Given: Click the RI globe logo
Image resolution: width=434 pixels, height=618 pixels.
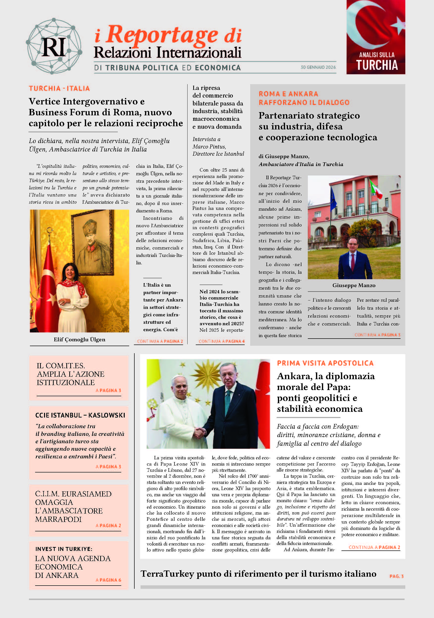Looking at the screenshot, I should click(54, 46).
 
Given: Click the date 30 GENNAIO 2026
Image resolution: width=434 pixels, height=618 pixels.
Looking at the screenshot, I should click(318, 67).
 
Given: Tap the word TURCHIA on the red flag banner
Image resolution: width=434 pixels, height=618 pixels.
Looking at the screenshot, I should click(377, 65).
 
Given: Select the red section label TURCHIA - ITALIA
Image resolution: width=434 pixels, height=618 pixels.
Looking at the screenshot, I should click(59, 89).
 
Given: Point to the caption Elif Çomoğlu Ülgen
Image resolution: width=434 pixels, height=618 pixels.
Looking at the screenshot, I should click(79, 339).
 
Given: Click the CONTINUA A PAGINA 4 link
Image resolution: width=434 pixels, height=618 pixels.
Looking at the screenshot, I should click(221, 341).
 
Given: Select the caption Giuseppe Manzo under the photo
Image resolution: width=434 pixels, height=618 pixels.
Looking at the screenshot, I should click(354, 285).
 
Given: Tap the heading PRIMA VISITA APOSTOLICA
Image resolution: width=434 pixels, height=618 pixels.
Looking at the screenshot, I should click(325, 363).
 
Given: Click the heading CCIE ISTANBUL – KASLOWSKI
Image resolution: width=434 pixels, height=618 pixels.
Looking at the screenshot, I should click(80, 415).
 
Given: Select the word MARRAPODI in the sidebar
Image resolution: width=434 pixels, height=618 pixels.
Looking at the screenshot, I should click(58, 519).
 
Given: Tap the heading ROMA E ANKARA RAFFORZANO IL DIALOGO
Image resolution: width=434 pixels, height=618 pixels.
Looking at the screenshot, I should click(304, 98).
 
